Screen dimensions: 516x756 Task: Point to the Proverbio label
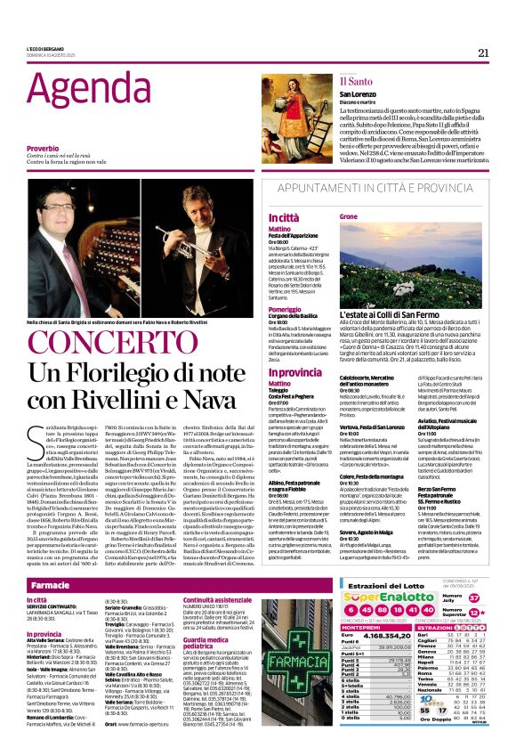click(43, 147)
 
